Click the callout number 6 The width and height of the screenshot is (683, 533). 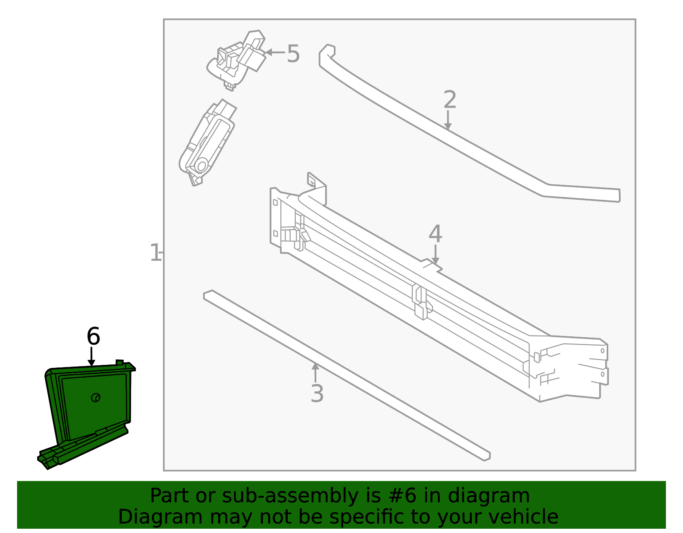pos(93,337)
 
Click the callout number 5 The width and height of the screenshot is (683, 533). pos(293,54)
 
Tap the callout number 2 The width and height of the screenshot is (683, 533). pos(450,100)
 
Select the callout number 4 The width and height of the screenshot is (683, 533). pos(435,234)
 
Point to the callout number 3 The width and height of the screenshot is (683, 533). pos(317,393)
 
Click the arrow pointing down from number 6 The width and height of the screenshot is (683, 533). pos(91,358)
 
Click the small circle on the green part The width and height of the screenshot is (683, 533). pos(96,398)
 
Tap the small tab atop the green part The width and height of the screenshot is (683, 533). pos(120,362)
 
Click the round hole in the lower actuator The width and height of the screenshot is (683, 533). pos(201,165)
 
